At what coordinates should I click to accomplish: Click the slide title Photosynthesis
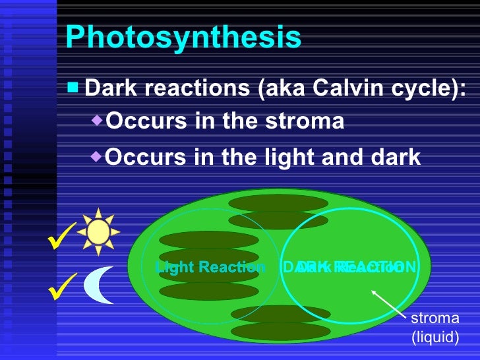183,38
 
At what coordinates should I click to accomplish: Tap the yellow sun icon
98,231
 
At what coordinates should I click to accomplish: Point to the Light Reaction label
210,267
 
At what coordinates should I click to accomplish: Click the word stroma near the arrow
435,319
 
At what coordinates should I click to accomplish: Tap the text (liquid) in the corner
435,338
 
